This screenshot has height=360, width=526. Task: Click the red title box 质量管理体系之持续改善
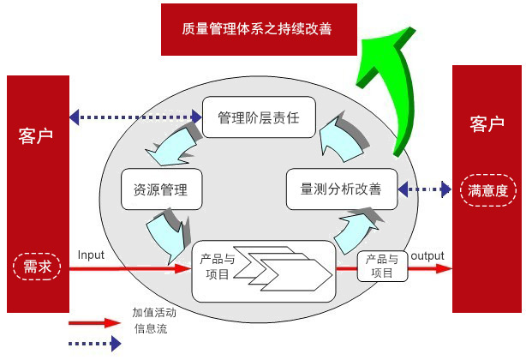pyautogui.click(x=259, y=29)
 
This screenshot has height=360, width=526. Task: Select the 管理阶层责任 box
pyautogui.click(x=259, y=117)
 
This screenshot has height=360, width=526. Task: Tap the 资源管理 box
pyautogui.click(x=161, y=189)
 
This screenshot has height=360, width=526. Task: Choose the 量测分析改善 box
pyautogui.click(x=342, y=189)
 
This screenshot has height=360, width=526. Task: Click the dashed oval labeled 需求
pyautogui.click(x=37, y=267)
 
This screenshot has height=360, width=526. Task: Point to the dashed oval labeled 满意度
pyautogui.click(x=487, y=190)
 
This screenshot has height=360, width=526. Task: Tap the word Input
pyautogui.click(x=91, y=255)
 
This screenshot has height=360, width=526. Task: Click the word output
pyautogui.click(x=427, y=256)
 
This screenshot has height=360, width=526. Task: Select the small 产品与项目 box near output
pyautogui.click(x=382, y=266)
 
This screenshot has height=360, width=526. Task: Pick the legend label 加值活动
pyautogui.click(x=154, y=312)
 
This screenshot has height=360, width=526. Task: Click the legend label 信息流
pyautogui.click(x=151, y=328)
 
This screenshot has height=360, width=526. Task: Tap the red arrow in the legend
pyautogui.click(x=94, y=323)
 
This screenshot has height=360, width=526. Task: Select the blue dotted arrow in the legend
pyautogui.click(x=94, y=344)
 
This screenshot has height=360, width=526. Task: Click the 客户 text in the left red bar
pyautogui.click(x=36, y=136)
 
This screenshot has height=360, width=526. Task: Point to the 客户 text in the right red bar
pyautogui.click(x=487, y=124)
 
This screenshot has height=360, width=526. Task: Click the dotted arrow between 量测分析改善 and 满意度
pyautogui.click(x=424, y=189)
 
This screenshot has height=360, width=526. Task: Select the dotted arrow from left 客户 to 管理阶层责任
pyautogui.click(x=135, y=117)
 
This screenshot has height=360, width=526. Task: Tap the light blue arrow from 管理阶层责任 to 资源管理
pyautogui.click(x=173, y=144)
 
